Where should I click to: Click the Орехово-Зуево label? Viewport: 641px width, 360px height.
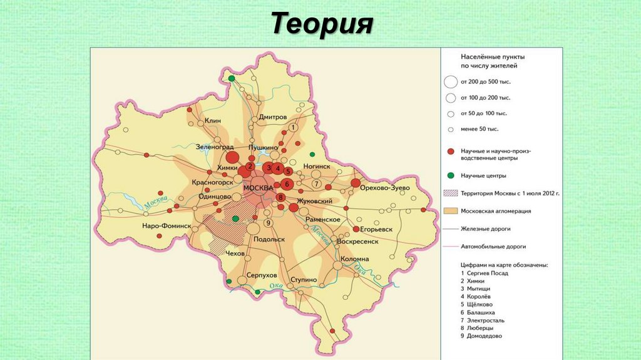click(388, 188)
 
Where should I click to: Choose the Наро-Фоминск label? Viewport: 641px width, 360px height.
click(165, 225)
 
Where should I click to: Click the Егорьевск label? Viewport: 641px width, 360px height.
click(376, 230)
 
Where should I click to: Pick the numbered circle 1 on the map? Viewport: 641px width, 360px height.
click(292, 128)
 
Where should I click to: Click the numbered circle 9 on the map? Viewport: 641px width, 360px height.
click(268, 223)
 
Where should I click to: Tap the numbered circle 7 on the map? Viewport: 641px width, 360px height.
click(317, 184)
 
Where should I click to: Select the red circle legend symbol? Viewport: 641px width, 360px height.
click(450, 152)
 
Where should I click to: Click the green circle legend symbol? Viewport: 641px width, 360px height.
click(450, 176)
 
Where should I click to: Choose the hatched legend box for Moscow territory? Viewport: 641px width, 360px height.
click(450, 193)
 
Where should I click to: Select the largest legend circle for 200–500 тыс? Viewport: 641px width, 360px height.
click(450, 81)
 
